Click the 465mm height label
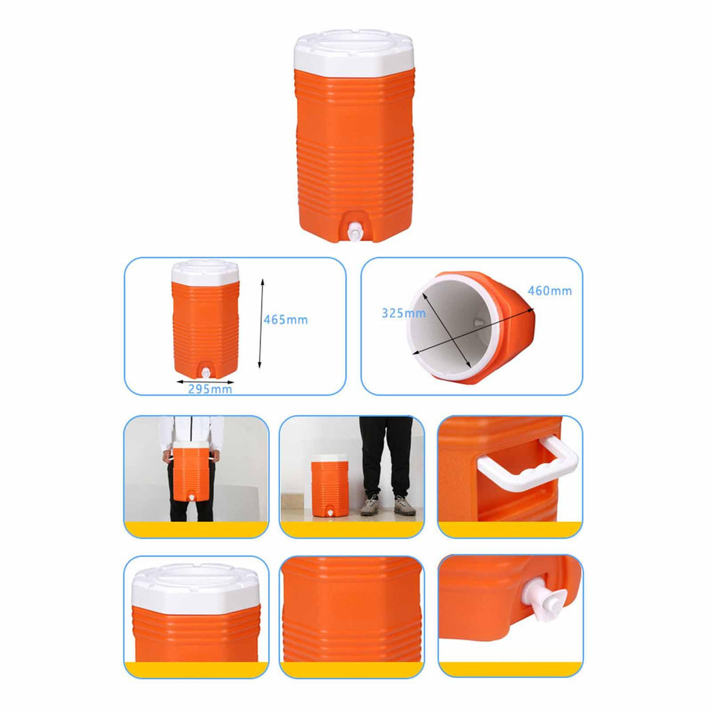[286, 320]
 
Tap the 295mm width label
[210, 389]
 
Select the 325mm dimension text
[403, 313]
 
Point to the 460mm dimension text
[549, 291]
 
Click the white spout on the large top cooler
[353, 232]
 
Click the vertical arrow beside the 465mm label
[261, 324]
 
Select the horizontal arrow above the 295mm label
[205, 382]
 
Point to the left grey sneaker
[370, 505]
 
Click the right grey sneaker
[404, 505]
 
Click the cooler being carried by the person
[192, 471]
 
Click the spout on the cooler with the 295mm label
[205, 373]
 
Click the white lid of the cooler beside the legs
[329, 459]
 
